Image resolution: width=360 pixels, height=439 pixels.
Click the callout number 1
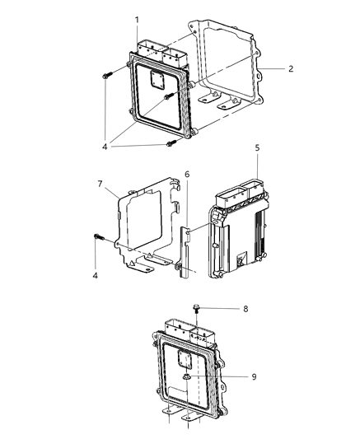[137, 19]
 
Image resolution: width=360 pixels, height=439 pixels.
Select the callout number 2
[290, 68]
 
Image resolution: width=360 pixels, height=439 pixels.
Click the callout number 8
[244, 310]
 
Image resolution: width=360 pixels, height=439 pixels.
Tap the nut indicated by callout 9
[187, 377]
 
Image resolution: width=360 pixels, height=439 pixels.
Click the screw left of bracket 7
[99, 238]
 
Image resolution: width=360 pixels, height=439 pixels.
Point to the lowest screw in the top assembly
[172, 145]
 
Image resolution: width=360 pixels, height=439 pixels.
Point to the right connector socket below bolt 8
[202, 334]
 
